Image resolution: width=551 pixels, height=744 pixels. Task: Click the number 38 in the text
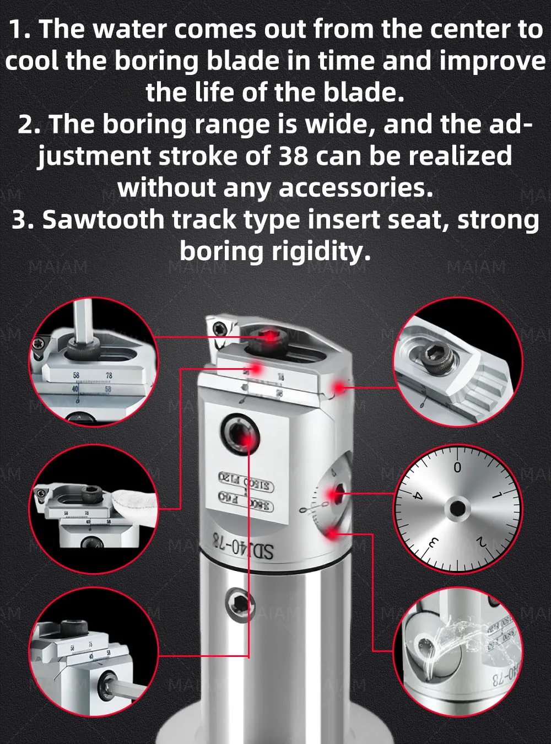click(293, 156)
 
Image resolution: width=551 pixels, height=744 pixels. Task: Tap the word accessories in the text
click(356, 187)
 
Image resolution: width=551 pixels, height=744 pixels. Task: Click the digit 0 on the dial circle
click(457, 468)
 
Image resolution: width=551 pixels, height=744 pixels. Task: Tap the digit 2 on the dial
click(482, 542)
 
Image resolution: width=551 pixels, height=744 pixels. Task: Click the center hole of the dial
click(457, 508)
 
